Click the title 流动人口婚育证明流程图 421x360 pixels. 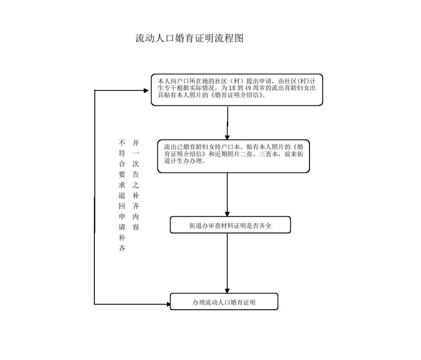click(x=189, y=39)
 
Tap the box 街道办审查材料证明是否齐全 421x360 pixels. click(x=230, y=226)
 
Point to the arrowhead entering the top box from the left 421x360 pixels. click(x=147, y=90)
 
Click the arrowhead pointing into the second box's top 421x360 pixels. click(x=227, y=136)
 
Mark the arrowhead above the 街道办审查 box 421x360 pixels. click(x=227, y=213)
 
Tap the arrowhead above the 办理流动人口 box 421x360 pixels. click(x=227, y=290)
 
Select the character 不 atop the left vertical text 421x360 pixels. click(x=122, y=143)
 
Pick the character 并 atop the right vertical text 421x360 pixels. click(x=135, y=143)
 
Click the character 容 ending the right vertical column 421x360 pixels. click(x=135, y=228)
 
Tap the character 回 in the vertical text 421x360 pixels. click(x=122, y=206)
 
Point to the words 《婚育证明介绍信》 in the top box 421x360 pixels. click(x=239, y=95)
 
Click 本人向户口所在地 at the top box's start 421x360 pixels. click(x=178, y=80)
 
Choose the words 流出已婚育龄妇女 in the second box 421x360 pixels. click(x=187, y=147)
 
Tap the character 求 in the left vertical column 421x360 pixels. click(x=122, y=185)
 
